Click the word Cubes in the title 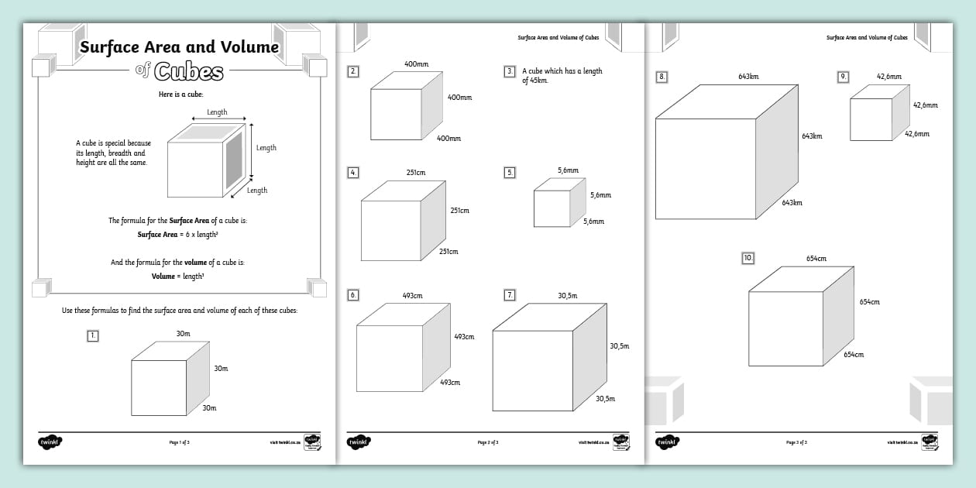[188, 72]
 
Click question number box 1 [93, 335]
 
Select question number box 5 [510, 173]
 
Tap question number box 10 [747, 258]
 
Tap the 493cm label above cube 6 [412, 295]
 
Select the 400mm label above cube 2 [416, 64]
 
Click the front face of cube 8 [705, 169]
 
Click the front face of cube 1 [159, 387]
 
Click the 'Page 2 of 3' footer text [488, 443]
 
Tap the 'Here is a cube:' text [179, 95]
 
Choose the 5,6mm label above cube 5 [568, 170]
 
